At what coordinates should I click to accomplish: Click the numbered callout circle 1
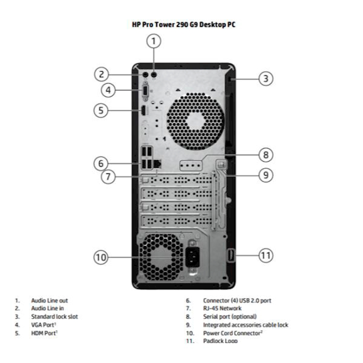click(x=153, y=41)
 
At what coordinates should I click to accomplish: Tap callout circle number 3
click(x=266, y=78)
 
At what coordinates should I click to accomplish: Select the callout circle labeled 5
click(x=101, y=110)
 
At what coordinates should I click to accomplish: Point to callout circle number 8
click(x=266, y=155)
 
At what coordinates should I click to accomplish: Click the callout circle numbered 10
click(x=101, y=257)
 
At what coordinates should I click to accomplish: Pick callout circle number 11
click(x=266, y=255)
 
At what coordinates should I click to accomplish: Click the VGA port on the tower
click(x=145, y=90)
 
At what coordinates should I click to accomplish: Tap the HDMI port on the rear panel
click(x=143, y=111)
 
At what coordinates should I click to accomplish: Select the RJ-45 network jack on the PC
click(x=158, y=164)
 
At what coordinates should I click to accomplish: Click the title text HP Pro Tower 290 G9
click(x=183, y=24)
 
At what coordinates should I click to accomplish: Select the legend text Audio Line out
click(x=49, y=301)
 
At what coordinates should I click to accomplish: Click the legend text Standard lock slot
click(x=54, y=317)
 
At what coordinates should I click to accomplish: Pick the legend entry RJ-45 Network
click(x=222, y=308)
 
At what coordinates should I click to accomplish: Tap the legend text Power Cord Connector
click(x=232, y=333)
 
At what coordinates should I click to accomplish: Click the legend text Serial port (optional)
click(x=230, y=317)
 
